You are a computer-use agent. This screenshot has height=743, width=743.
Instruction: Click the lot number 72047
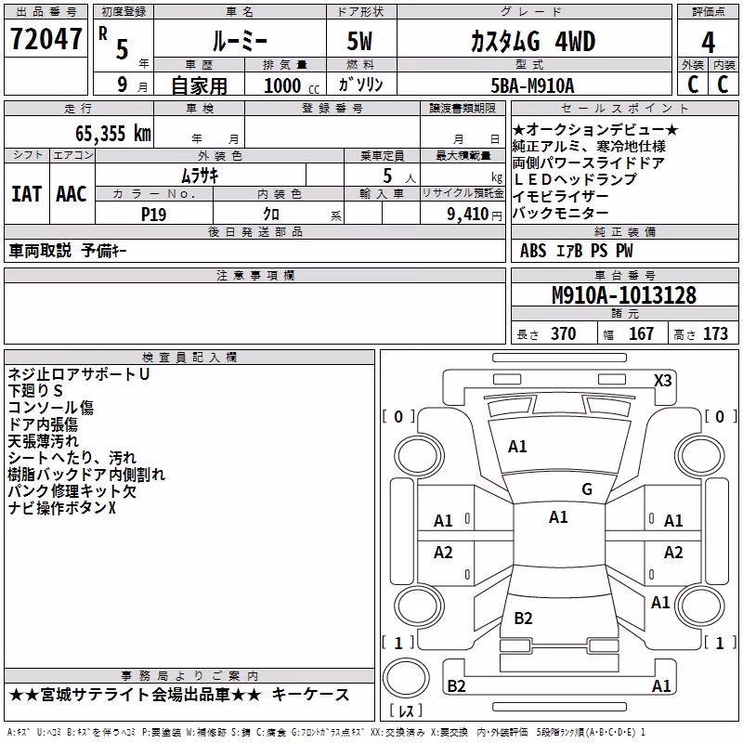(46, 39)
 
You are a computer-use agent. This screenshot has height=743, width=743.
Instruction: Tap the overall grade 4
(708, 43)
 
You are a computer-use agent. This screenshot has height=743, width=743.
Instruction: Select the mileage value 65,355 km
(113, 133)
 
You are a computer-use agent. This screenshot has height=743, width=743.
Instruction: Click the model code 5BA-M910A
(532, 85)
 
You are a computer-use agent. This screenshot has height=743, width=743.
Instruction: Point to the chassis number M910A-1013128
(624, 295)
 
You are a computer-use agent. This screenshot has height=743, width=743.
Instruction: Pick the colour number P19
(153, 215)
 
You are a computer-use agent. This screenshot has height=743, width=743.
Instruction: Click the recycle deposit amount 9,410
(467, 214)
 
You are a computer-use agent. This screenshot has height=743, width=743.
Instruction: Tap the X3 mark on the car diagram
(662, 381)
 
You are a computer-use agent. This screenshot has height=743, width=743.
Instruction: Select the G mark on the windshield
(587, 489)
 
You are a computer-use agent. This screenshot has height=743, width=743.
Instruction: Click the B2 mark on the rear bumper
(456, 685)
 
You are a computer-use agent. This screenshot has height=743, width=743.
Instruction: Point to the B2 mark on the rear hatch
(523, 618)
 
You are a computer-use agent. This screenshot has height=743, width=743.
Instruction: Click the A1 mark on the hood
(517, 447)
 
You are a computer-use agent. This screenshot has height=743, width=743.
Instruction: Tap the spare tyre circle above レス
(406, 678)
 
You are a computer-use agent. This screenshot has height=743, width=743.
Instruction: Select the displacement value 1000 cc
(292, 85)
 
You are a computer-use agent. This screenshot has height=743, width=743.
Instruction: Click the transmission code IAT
(26, 194)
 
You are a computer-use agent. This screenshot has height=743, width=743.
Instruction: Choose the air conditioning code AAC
(72, 194)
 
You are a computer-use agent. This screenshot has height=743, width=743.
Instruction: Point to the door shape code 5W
(359, 41)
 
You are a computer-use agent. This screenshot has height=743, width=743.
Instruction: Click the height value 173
(715, 333)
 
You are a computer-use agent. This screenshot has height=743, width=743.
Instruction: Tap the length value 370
(564, 333)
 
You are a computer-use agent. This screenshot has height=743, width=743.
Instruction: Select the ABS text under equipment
(533, 250)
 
